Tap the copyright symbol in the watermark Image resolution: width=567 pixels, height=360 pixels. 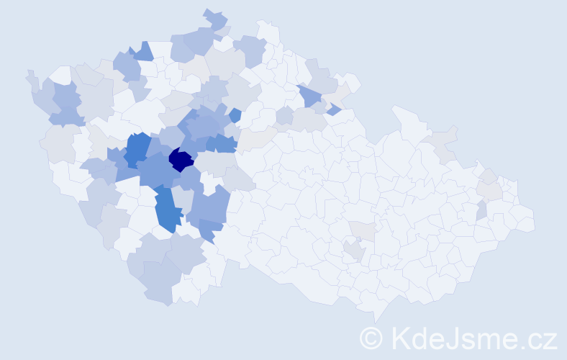(x=371, y=337)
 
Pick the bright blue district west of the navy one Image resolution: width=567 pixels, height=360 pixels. (x=137, y=148)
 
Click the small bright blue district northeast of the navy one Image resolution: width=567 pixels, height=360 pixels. (x=235, y=114)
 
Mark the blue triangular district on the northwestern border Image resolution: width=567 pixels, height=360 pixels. (x=142, y=52)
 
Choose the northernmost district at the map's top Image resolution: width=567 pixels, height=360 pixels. (x=214, y=17)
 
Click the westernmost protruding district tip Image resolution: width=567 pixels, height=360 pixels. (x=30, y=75)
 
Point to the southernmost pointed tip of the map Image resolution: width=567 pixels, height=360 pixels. (x=375, y=317)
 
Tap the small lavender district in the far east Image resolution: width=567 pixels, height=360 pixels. (x=481, y=210)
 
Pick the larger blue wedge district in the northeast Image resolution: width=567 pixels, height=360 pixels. (x=310, y=95)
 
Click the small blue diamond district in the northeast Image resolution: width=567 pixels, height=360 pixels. (x=334, y=109)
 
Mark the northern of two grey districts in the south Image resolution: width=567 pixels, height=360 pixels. (x=363, y=230)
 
